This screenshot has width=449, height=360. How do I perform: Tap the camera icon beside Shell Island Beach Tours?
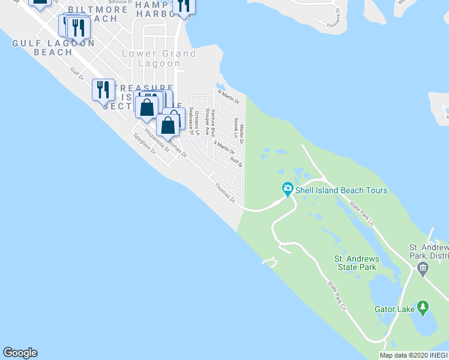[288, 190]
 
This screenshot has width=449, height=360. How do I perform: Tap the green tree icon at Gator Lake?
[424, 308]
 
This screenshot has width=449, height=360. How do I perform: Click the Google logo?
[20, 353]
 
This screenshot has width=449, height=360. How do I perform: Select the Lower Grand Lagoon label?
[159, 58]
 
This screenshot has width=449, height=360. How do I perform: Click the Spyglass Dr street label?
[145, 143]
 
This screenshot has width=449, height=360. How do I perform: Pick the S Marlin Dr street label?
[224, 147]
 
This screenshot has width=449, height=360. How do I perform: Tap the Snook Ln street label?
[235, 127]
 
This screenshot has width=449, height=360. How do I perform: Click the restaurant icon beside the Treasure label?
[103, 89]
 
